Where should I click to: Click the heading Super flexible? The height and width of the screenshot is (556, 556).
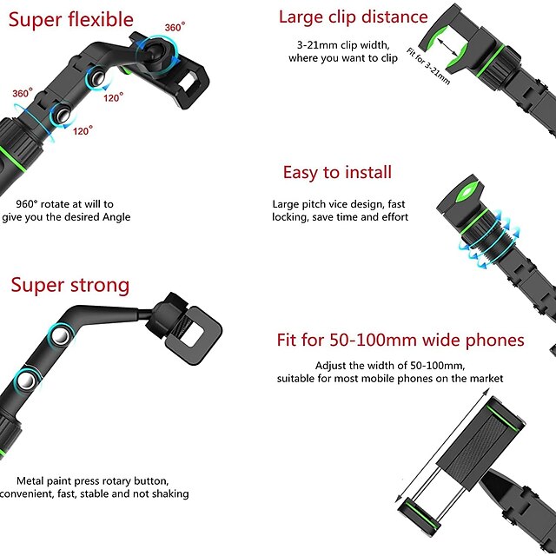(x=71, y=19)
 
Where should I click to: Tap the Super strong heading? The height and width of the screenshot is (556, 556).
(x=70, y=286)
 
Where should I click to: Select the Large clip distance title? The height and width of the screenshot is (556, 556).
(x=354, y=17)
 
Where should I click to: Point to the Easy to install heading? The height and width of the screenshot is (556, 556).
(x=337, y=173)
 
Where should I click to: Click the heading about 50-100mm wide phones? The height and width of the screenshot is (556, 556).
(x=400, y=340)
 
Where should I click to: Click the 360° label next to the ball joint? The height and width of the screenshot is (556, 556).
(x=175, y=27)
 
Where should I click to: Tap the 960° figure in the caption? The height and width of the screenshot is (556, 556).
(x=27, y=204)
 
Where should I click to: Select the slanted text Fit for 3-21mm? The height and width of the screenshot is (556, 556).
(x=428, y=67)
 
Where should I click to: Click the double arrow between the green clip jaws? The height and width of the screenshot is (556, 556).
(x=447, y=47)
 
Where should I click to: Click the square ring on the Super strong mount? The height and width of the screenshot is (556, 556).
(x=194, y=335)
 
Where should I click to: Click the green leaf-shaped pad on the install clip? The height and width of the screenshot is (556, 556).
(x=467, y=190)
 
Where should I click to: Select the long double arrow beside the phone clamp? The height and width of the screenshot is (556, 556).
(x=442, y=446)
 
